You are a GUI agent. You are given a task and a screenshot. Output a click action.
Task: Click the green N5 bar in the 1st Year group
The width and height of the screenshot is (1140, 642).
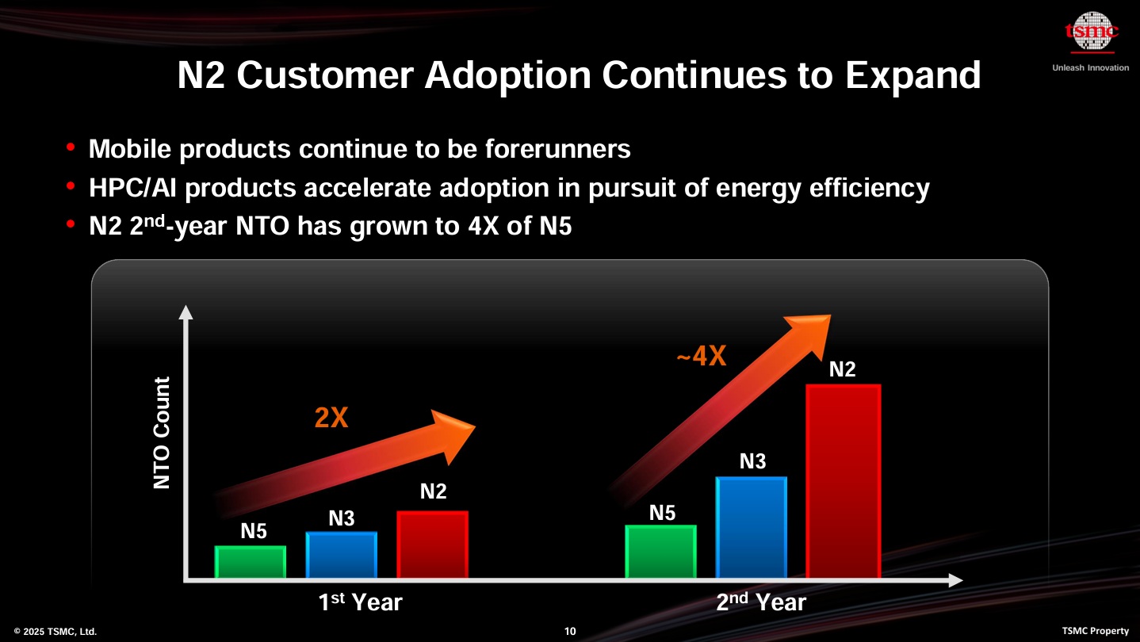251,562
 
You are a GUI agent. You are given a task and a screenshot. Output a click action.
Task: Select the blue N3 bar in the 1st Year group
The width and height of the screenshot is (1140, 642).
342,555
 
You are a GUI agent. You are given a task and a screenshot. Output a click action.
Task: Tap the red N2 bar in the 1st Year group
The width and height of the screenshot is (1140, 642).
433,545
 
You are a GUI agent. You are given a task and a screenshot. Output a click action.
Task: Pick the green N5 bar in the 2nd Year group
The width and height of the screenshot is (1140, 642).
661,552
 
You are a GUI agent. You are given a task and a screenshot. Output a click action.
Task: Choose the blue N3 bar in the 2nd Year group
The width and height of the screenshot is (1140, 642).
752,527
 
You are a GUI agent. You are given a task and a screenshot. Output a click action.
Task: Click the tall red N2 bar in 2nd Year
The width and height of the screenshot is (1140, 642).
843,481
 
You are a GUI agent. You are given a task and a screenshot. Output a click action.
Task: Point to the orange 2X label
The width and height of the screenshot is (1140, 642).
331,418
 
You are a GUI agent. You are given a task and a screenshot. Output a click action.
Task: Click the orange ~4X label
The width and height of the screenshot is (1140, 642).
701,357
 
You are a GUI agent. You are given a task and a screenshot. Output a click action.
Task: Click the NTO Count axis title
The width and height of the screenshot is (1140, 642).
162,433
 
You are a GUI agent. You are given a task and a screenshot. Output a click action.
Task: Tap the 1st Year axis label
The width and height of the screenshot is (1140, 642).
360,602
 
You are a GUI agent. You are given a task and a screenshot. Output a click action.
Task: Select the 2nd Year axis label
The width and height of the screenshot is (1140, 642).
761,602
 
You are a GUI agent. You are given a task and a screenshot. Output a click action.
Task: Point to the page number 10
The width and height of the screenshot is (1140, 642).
570,632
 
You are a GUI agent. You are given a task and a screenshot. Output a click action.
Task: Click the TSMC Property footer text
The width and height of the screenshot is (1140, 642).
1095,631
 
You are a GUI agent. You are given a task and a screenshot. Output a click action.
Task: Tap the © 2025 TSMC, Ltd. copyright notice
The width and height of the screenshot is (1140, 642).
55,632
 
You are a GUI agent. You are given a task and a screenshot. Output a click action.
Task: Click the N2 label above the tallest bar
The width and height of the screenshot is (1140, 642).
842,369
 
